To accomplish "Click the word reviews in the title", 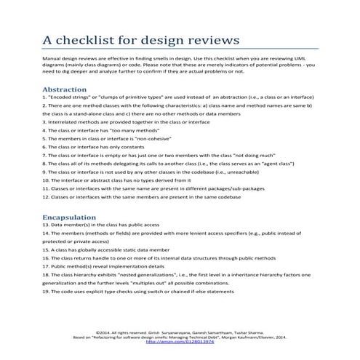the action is click(x=212, y=39).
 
